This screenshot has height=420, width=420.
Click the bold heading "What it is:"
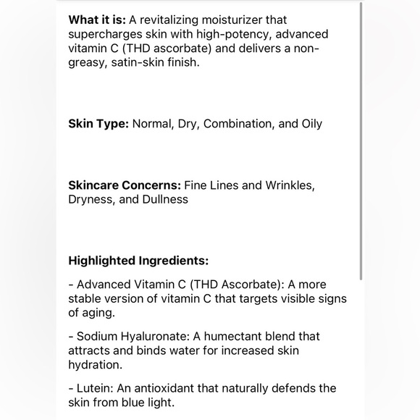[97, 20]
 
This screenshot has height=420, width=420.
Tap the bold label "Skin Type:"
[98, 123]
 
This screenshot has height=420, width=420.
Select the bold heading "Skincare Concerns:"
[125, 185]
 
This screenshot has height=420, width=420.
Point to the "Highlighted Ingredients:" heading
[138, 261]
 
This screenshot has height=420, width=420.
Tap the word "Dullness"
[164, 199]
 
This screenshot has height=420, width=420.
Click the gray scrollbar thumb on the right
[361, 141]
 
